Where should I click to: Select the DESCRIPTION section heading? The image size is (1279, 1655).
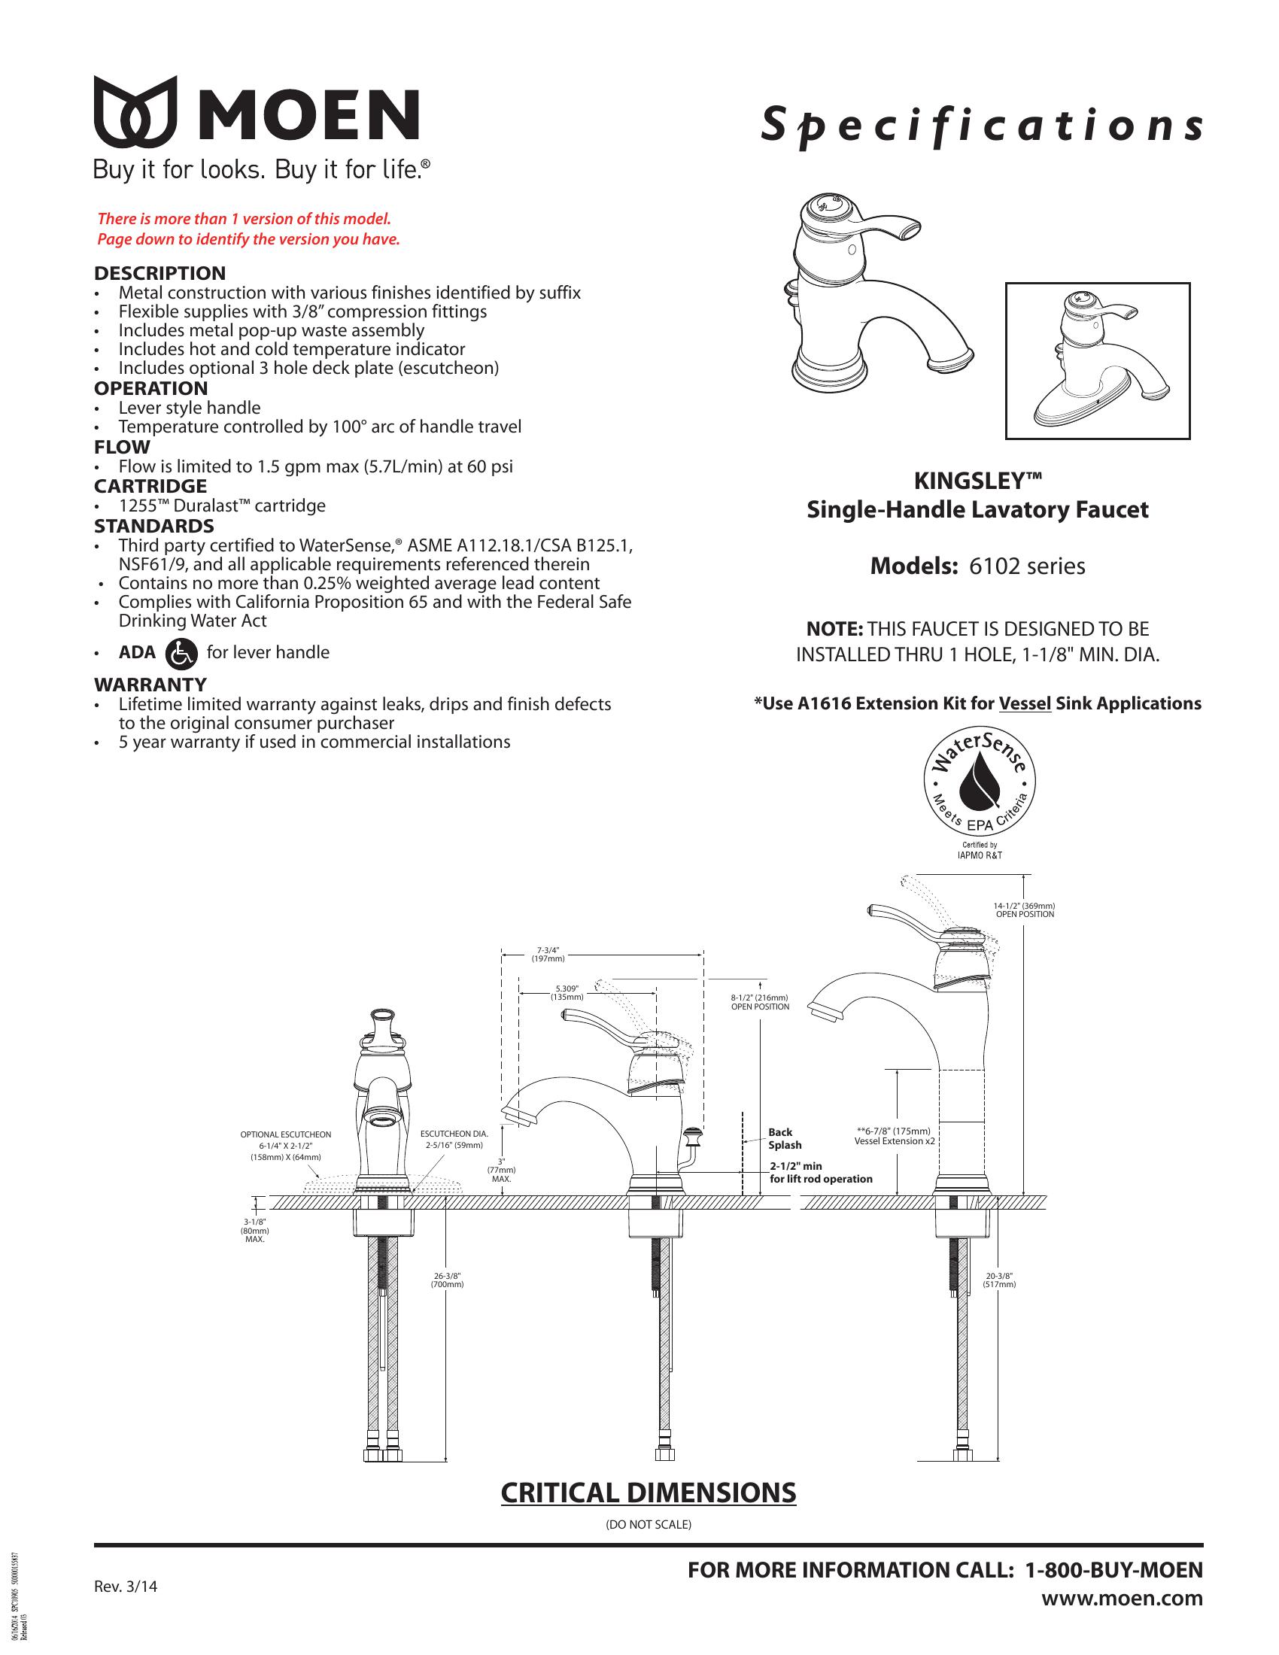159,273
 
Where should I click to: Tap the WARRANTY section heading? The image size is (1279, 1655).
150,685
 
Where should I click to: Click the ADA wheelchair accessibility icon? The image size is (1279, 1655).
181,654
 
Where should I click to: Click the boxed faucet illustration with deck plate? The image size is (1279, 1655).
1097,360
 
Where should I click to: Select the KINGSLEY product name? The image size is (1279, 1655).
977,481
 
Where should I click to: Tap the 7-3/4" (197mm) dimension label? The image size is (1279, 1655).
548,954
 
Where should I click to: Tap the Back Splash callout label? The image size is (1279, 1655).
783,1138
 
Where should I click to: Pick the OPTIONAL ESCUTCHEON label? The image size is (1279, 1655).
286,1134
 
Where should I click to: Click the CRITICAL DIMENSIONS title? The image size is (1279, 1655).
649,1492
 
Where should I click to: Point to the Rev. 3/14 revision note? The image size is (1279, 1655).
126,1586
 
